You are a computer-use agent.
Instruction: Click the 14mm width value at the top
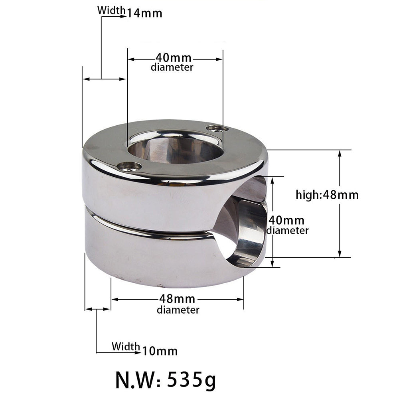coord(144,13)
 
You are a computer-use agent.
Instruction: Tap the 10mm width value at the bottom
coord(160,351)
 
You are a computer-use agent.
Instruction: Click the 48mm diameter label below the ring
coord(177,298)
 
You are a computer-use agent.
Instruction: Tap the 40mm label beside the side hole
coord(286,220)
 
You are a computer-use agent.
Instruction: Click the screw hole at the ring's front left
coord(129,166)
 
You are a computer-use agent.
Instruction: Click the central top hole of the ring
coord(176,148)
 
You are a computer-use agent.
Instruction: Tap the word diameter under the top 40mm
coord(172,67)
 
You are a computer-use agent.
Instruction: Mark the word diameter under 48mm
coord(178,310)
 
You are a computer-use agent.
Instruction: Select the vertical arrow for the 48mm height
coord(340,203)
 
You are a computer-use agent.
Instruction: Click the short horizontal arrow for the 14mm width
coord(104,79)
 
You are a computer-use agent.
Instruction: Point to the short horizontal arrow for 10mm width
coord(98,309)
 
